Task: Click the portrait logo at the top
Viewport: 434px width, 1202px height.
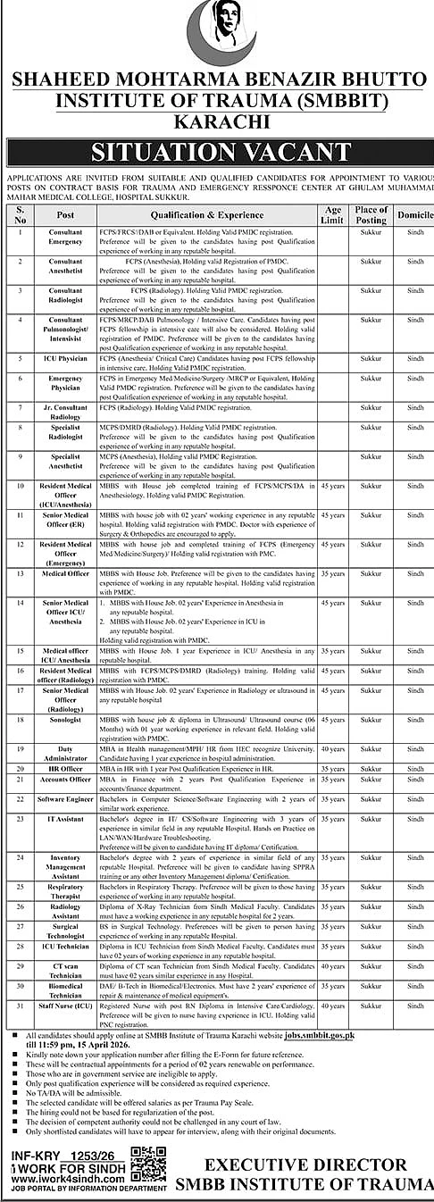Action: (x=218, y=33)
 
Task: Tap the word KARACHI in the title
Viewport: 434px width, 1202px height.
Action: (x=217, y=119)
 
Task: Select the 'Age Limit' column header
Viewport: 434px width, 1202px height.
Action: (x=331, y=215)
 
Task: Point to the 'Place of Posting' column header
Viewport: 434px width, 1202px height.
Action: (x=371, y=215)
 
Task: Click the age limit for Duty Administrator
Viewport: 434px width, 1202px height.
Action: (x=331, y=748)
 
